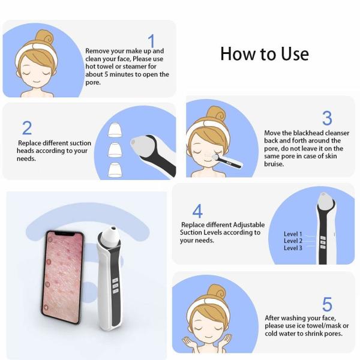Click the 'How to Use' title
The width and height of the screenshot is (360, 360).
pos(264,54)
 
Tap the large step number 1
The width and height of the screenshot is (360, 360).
pos(151,41)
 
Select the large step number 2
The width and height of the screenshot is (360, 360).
pos(27,128)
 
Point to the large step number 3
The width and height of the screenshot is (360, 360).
pos(327,118)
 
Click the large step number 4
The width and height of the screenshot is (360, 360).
pos(197,211)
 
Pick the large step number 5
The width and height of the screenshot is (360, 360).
pos(327,304)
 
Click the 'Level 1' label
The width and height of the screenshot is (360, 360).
pos(293,234)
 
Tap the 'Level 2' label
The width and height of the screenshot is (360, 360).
pos(293,241)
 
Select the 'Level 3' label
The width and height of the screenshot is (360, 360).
pos(293,248)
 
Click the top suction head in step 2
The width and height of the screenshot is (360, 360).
pos(115,128)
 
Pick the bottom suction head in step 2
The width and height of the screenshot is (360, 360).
pos(115,169)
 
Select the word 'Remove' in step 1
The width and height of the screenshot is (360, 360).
pos(98,52)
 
